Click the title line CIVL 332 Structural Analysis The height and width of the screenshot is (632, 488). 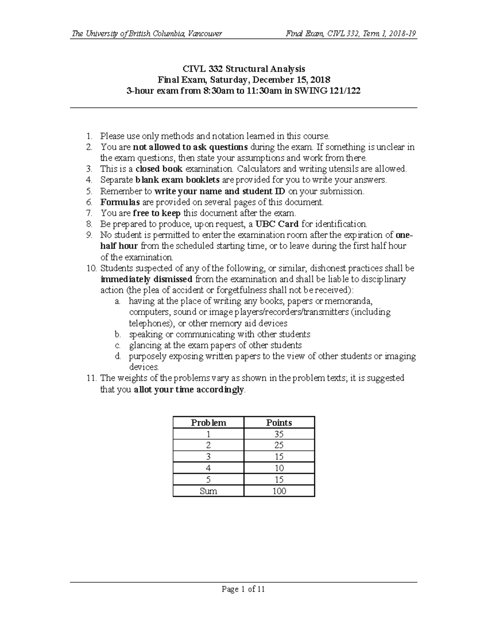[x=244, y=68]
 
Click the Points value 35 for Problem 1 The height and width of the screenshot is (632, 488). [x=279, y=434]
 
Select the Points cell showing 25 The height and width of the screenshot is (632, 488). [x=279, y=445]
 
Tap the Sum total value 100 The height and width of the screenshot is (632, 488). [x=279, y=491]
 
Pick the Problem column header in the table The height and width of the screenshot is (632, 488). [x=208, y=422]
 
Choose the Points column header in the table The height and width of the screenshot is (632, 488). [x=279, y=422]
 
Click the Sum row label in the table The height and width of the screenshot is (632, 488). [x=208, y=491]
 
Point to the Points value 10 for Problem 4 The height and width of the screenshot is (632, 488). [x=279, y=468]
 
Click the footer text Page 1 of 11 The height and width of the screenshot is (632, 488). [x=244, y=589]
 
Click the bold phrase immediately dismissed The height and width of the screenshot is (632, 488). [x=146, y=279]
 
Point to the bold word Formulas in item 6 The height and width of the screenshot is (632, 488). [x=120, y=202]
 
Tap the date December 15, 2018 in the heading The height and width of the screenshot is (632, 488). [x=292, y=79]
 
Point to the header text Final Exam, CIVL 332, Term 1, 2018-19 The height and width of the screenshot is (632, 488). [x=351, y=34]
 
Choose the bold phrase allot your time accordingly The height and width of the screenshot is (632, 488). [x=190, y=389]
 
